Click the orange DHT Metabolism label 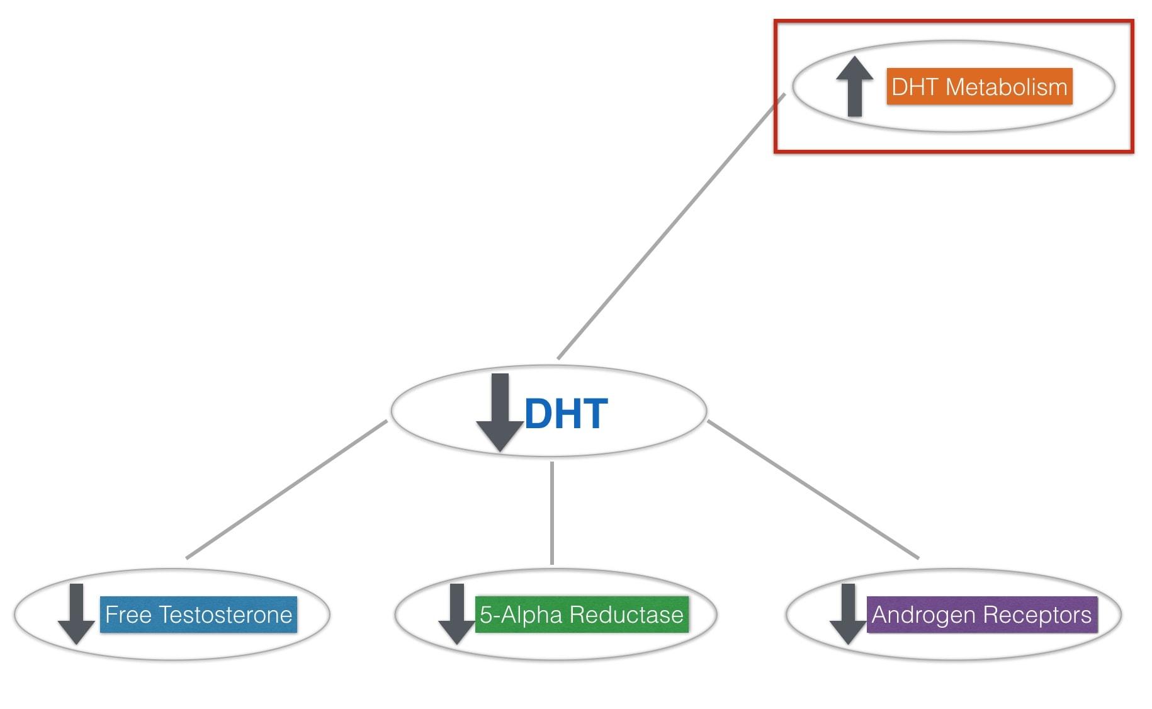[979, 87]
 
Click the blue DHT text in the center [565, 414]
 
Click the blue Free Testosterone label [198, 615]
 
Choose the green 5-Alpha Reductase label [581, 615]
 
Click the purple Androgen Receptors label [981, 615]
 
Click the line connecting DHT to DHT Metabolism [671, 227]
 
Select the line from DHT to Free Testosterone [286, 489]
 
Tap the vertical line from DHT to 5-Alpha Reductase [552, 513]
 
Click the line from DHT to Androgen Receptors [813, 489]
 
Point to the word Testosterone [225, 615]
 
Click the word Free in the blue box [128, 615]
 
